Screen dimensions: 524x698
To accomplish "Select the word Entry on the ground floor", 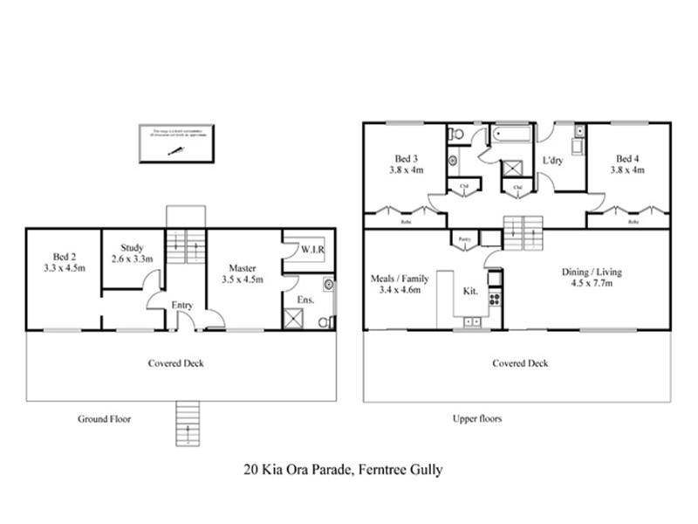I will pos(182,305).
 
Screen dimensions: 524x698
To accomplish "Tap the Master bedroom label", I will pos(243,267).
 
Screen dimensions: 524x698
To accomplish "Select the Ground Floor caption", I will pos(104,419).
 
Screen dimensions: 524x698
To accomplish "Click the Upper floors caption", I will pos(477,418).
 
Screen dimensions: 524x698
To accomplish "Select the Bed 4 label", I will pos(626,158).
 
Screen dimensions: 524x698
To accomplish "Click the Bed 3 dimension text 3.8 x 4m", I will pos(405,170).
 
